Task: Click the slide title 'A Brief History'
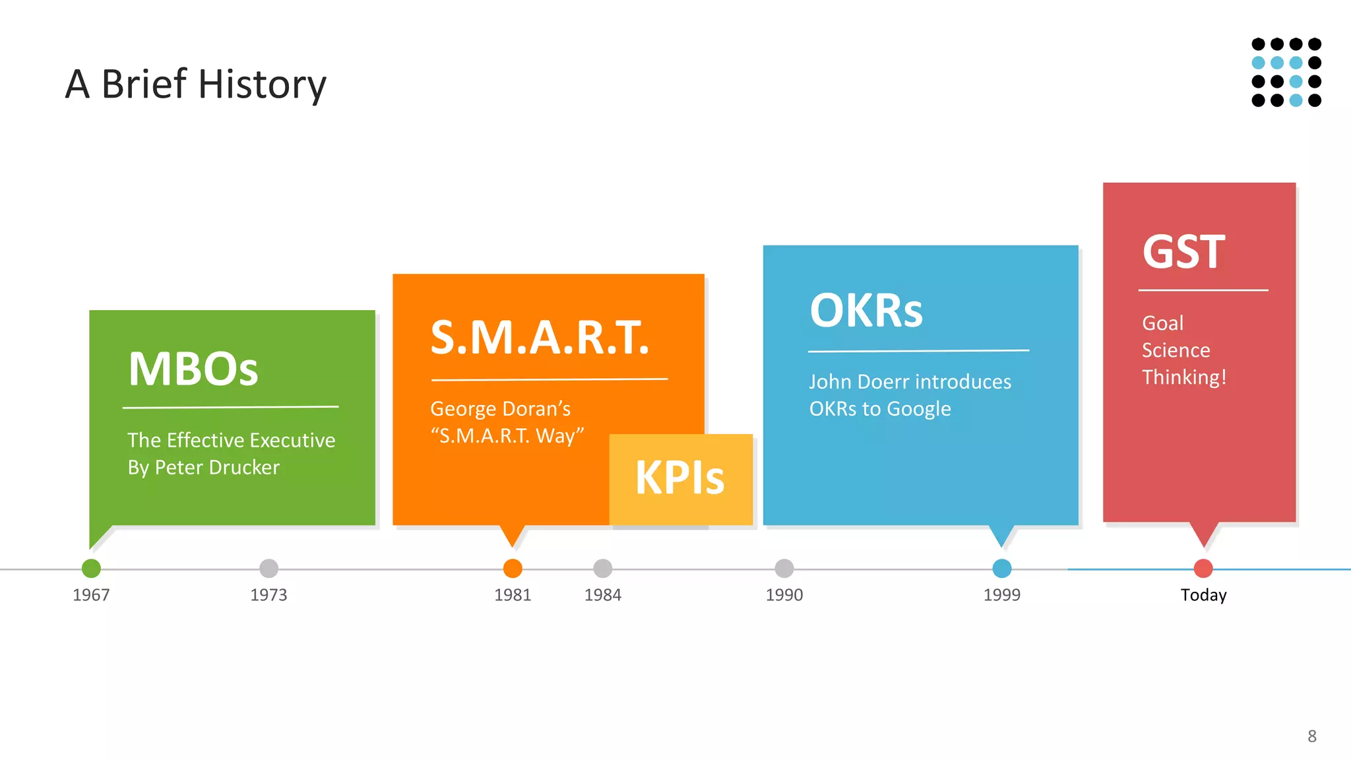195,84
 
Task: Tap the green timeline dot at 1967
91,568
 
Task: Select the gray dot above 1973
268,568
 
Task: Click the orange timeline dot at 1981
513,568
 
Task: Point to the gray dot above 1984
602,568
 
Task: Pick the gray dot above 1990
784,568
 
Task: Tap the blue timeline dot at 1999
1001,568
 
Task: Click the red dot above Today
1203,568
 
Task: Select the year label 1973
268,595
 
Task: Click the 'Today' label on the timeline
1203,595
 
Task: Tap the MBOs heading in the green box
193,369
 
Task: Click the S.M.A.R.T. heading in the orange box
540,338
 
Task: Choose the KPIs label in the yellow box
679,478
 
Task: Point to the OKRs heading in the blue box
866,311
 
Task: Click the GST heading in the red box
1183,252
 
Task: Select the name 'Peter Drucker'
217,468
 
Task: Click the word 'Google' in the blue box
918,409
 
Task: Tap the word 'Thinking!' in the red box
1184,377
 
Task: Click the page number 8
1311,736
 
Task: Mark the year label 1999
1001,595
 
